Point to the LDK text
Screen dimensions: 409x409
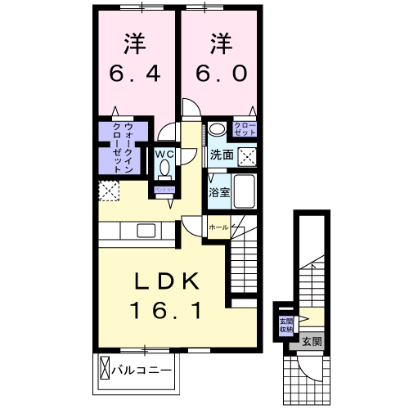coord(168,281)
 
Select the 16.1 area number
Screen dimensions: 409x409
coord(168,310)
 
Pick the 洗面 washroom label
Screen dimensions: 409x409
coord(221,154)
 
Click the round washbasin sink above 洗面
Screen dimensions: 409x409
coord(217,129)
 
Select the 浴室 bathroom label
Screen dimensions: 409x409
coord(218,193)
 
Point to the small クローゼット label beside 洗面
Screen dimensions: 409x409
coord(245,128)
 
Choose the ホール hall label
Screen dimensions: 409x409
coord(218,227)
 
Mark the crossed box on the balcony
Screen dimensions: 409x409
coord(105,368)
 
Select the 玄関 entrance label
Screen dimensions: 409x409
coord(311,340)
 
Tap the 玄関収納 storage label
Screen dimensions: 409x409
coord(286,324)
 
